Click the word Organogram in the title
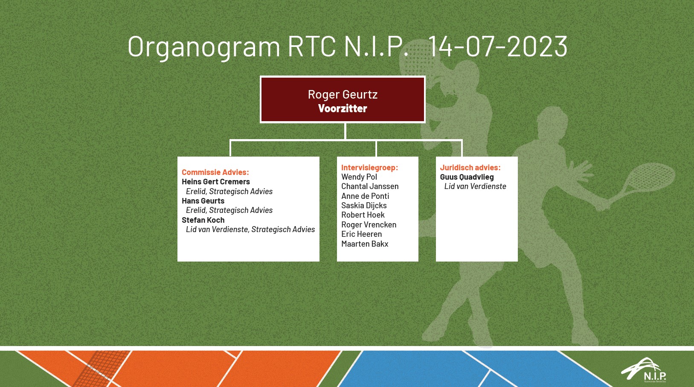[204, 47]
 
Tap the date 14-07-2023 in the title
[498, 47]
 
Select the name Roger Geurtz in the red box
[343, 94]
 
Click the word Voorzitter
[343, 108]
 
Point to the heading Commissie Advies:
[215, 172]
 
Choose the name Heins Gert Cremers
[216, 182]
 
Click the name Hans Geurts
[203, 201]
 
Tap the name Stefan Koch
[203, 220]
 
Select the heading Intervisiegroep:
[370, 168]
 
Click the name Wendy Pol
[359, 177]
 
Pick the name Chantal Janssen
[370, 186]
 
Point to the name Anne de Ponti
[365, 196]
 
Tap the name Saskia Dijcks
[364, 205]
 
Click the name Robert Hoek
[363, 215]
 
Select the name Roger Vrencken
[369, 224]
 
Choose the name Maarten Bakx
[365, 244]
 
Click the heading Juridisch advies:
[470, 168]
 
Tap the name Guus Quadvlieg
[467, 177]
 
